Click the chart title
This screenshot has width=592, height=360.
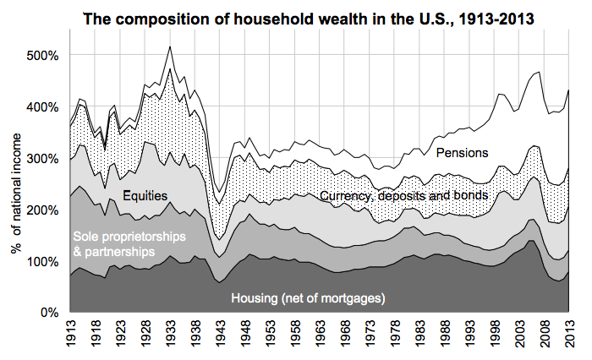[x=312, y=17]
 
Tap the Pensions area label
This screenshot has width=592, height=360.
[x=462, y=152]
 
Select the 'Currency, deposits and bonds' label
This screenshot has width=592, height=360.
[x=404, y=196]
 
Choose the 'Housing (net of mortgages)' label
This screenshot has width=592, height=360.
[x=309, y=297]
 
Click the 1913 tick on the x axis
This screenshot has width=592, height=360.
[x=69, y=335]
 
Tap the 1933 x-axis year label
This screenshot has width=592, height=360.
[x=171, y=335]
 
